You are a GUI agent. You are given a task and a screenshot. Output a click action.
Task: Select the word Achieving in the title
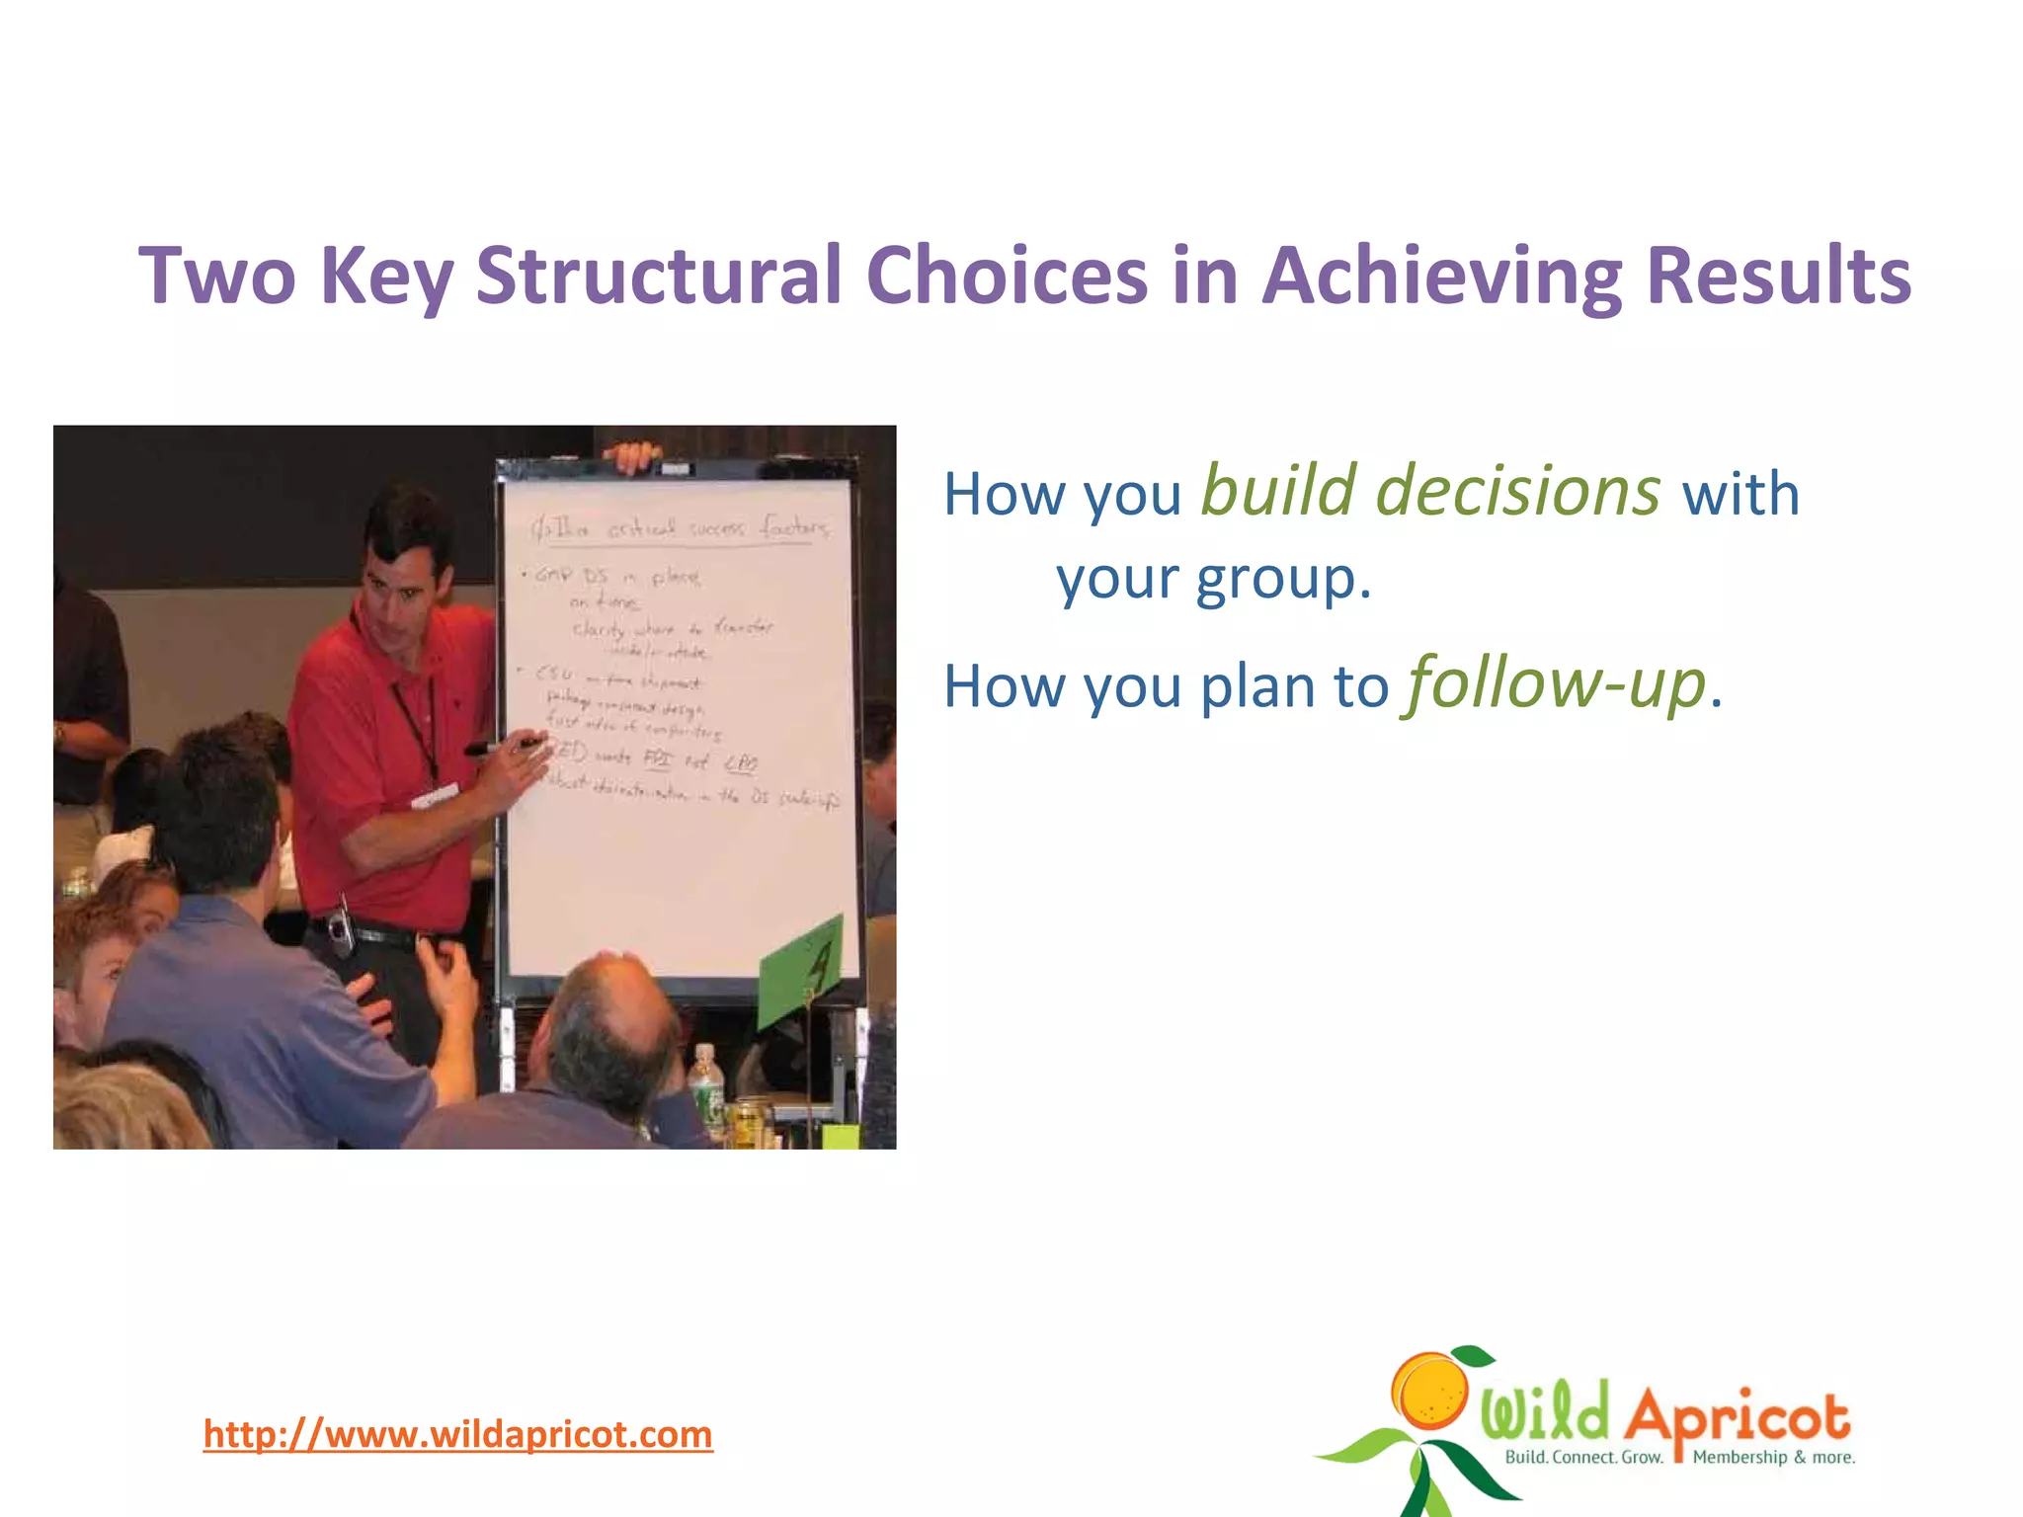point(1441,276)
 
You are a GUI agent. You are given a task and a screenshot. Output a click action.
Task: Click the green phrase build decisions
point(1429,491)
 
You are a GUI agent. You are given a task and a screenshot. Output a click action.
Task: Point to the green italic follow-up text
point(1557,683)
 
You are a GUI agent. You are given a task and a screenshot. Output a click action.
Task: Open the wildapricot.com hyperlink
point(457,1434)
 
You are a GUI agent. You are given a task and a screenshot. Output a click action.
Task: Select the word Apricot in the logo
point(1737,1415)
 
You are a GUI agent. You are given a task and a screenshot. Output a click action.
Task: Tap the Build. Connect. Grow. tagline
point(1583,1457)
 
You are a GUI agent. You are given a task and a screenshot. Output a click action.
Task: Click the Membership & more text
point(1773,1457)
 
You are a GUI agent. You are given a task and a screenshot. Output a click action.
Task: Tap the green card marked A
point(803,970)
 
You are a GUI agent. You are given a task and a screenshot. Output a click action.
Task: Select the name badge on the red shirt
point(435,795)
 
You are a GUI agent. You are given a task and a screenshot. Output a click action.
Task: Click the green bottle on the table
point(705,1086)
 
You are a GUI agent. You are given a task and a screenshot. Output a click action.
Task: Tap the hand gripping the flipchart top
point(632,456)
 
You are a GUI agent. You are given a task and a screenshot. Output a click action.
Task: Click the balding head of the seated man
point(612,1017)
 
